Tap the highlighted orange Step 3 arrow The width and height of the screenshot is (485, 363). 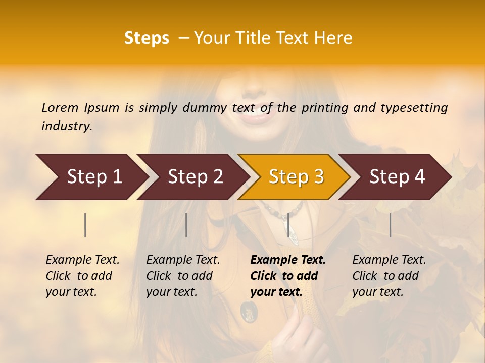(296, 177)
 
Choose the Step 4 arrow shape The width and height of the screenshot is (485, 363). (397, 177)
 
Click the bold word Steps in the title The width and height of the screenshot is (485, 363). (147, 38)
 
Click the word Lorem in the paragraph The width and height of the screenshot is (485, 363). (60, 107)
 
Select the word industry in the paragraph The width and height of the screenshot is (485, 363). (67, 126)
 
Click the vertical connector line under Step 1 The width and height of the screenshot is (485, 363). (85, 225)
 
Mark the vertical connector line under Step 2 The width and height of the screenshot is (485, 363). (186, 225)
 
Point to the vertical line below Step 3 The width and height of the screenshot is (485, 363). (288, 225)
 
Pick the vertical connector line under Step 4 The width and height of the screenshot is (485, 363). (390, 225)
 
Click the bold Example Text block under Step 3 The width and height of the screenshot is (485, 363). (287, 276)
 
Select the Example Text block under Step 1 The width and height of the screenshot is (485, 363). (82, 276)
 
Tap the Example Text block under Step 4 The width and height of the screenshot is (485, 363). (389, 276)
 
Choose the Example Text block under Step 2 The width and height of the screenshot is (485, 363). (183, 276)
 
